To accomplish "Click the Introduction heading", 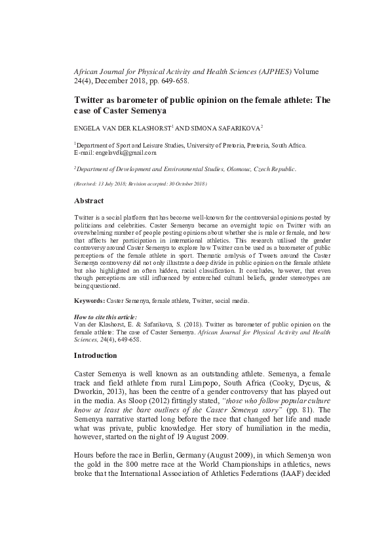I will pyautogui.click(x=95, y=355).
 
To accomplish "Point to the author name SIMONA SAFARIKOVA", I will pyautogui.click(x=222, y=128).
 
